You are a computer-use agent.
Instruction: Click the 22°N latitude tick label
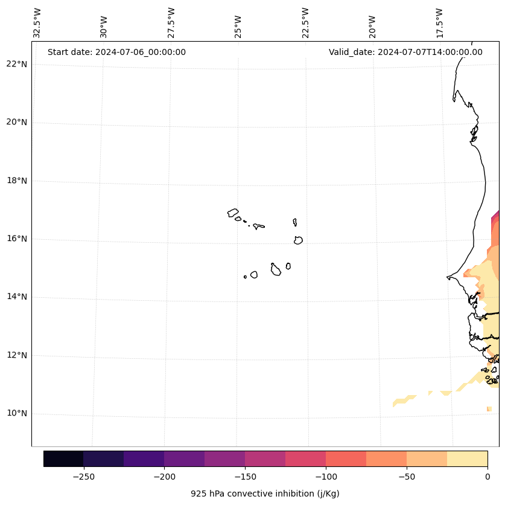pyautogui.click(x=16, y=64)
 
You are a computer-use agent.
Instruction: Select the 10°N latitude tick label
pyautogui.click(x=16, y=414)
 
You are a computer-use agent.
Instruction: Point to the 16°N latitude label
pyautogui.click(x=16, y=239)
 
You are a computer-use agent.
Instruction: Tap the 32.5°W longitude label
pyautogui.click(x=37, y=23)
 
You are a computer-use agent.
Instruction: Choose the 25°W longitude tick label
pyautogui.click(x=238, y=25)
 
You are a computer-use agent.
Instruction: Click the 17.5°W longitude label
pyautogui.click(x=440, y=23)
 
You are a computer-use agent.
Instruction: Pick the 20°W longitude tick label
pyautogui.click(x=372, y=25)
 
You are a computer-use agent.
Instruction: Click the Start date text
pyautogui.click(x=116, y=52)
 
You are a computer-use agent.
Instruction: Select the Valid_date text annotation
pyautogui.click(x=405, y=52)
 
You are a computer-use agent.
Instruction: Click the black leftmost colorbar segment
pyautogui.click(x=63, y=458)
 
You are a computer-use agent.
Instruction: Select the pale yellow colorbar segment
pyautogui.click(x=467, y=458)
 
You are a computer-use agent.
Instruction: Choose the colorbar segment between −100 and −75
pyautogui.click(x=346, y=458)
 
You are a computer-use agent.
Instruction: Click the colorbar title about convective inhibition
pyautogui.click(x=265, y=494)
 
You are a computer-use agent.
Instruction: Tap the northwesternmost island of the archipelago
pyautogui.click(x=233, y=213)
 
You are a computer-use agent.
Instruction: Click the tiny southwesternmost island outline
pyautogui.click(x=245, y=277)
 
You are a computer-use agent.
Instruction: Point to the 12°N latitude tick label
pyautogui.click(x=16, y=355)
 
